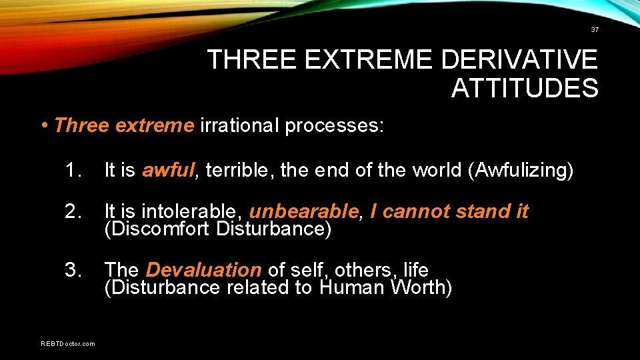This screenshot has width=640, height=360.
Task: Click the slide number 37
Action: [595, 30]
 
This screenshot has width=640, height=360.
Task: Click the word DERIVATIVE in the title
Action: [519, 60]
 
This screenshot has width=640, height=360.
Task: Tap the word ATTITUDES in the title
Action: [525, 88]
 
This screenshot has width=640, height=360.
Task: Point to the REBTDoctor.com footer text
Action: [67, 343]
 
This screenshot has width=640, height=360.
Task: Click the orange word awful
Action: [168, 171]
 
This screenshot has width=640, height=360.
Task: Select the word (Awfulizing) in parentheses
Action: [521, 171]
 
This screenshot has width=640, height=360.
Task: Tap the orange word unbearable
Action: [304, 212]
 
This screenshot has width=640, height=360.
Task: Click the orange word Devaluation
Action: [203, 270]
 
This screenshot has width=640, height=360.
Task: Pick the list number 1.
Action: [74, 171]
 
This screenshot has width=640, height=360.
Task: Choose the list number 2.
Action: [74, 212]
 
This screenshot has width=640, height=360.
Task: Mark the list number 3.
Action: [74, 270]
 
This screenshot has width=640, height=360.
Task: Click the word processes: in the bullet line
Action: [334, 125]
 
